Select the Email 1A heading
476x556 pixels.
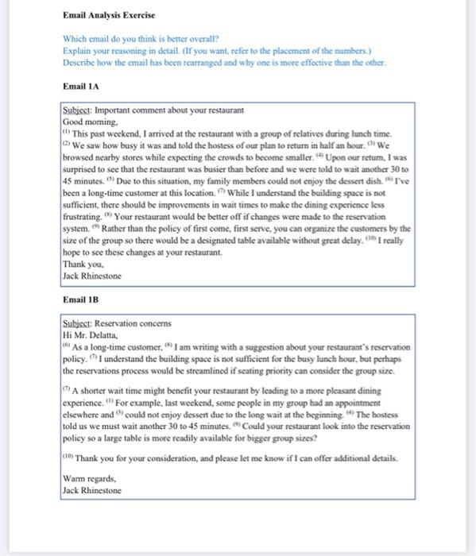(x=80, y=86)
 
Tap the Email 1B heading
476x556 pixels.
(x=80, y=301)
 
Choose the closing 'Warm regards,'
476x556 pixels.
(x=87, y=479)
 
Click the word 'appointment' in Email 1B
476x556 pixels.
(x=380, y=402)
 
